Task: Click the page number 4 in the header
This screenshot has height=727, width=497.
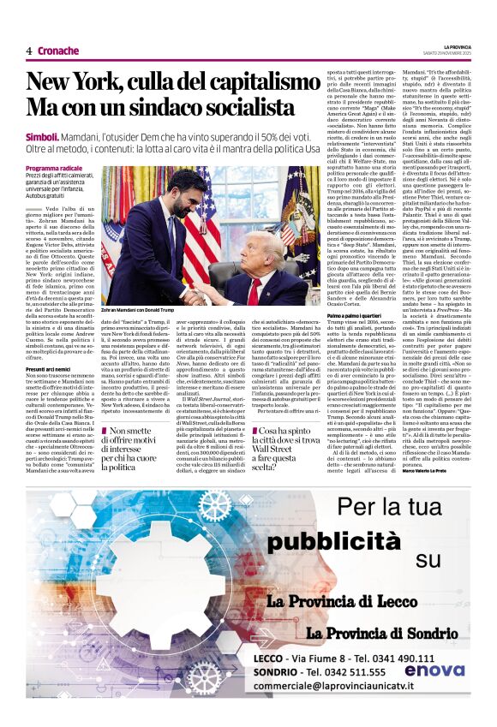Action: pyautogui.click(x=29, y=51)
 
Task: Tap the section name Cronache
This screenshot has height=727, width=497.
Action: pyautogui.click(x=59, y=51)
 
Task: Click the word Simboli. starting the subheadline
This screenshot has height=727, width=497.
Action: pyautogui.click(x=42, y=137)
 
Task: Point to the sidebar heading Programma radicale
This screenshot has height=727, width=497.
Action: pyautogui.click(x=54, y=169)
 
